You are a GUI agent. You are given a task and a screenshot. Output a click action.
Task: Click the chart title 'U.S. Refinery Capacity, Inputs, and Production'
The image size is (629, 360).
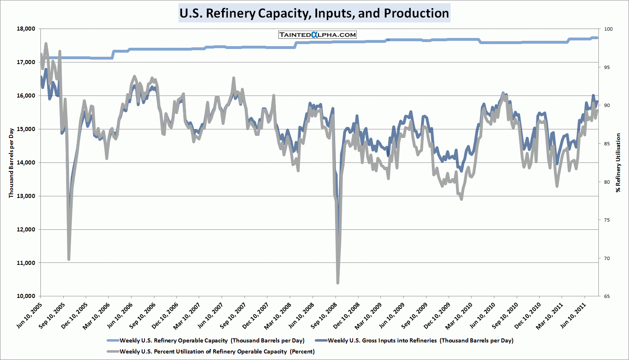[314, 13]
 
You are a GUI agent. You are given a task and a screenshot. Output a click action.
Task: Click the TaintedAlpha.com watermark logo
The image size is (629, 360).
[317, 35]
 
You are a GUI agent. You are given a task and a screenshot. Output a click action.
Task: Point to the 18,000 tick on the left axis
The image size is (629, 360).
[26, 29]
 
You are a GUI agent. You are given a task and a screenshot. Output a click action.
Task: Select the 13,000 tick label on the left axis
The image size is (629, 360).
[26, 196]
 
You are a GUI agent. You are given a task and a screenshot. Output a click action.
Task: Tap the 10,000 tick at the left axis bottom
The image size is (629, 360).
[26, 296]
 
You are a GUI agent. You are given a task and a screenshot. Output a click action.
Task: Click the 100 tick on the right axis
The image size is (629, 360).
[608, 29]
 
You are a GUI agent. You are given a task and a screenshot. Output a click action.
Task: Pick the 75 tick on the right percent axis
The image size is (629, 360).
[607, 220]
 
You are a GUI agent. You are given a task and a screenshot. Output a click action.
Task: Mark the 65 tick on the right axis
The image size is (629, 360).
[607, 296]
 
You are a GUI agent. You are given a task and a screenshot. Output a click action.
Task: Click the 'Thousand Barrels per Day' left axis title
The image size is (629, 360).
[11, 163]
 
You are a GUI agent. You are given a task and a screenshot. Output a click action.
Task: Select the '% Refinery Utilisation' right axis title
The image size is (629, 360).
[618, 162]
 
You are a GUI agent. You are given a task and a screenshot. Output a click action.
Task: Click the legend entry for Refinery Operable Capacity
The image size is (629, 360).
[212, 340]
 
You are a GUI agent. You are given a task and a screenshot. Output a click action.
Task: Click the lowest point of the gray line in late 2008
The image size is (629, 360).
[338, 282]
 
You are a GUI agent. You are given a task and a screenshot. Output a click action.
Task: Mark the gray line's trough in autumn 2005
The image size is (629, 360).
[69, 259]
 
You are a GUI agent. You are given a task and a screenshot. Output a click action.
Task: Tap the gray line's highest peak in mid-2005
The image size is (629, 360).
[46, 43]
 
